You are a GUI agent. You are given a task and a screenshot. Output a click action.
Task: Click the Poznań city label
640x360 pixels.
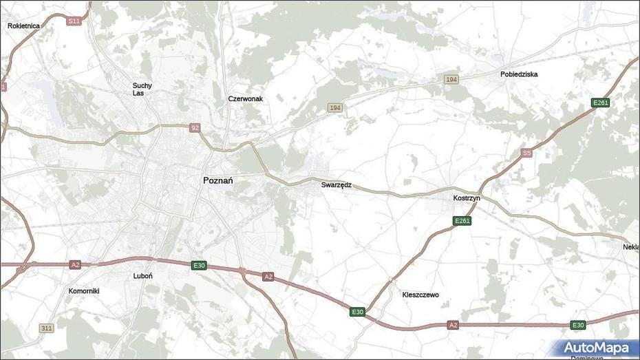click(x=218, y=180)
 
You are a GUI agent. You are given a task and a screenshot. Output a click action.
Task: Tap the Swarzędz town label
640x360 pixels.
click(x=336, y=185)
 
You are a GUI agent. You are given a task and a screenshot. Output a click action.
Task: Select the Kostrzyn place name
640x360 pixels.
click(x=467, y=198)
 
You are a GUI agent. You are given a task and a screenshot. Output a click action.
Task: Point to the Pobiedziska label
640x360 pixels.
click(x=519, y=74)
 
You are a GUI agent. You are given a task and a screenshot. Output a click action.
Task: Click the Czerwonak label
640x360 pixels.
click(x=246, y=98)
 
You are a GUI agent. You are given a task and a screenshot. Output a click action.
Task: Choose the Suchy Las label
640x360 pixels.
click(x=142, y=89)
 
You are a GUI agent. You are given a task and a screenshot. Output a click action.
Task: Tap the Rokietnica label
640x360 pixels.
click(x=23, y=25)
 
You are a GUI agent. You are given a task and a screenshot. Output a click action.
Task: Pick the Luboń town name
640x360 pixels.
click(x=142, y=275)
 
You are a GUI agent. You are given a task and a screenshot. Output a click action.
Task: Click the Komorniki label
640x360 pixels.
click(x=84, y=290)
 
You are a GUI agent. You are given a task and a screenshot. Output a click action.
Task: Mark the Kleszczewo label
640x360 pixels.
click(x=420, y=295)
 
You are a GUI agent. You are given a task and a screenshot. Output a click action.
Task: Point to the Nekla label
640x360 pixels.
click(x=631, y=246)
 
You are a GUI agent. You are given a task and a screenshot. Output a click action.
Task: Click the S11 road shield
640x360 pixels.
click(x=74, y=21)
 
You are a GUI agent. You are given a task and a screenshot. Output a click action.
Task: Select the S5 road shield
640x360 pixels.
click(x=526, y=153)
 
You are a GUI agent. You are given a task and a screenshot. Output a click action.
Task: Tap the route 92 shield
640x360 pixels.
click(x=195, y=127)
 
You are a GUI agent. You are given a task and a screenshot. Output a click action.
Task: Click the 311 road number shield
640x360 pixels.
click(x=46, y=328)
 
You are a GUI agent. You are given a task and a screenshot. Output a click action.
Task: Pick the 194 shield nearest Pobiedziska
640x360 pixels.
click(x=451, y=80)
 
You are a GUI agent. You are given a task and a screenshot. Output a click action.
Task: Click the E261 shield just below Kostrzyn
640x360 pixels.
click(x=462, y=220)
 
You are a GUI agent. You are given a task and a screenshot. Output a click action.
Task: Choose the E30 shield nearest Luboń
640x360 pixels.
click(x=199, y=265)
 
